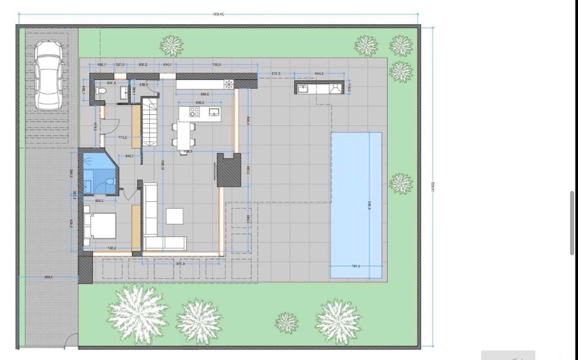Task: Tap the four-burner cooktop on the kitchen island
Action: click(194, 112)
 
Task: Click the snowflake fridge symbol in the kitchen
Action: click(229, 85)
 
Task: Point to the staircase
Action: click(149, 123)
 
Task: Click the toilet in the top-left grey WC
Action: click(100, 91)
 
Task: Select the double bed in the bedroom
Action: click(100, 226)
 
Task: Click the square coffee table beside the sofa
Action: click(174, 216)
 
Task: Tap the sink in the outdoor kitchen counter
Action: click(303, 89)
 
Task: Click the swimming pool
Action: click(356, 205)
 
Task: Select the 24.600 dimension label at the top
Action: click(218, 14)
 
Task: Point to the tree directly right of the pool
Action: click(401, 184)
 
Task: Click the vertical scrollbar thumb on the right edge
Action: click(572, 222)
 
